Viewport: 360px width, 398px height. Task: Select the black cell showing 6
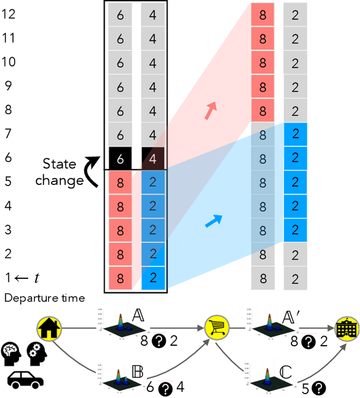[x=120, y=158]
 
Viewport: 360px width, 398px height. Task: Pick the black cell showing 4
[x=152, y=158]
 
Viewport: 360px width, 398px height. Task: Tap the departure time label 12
[x=9, y=14]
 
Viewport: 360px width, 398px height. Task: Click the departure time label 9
[x=9, y=86]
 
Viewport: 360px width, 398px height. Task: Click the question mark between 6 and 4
[x=166, y=387]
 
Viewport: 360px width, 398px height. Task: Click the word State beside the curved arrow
[x=60, y=164]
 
